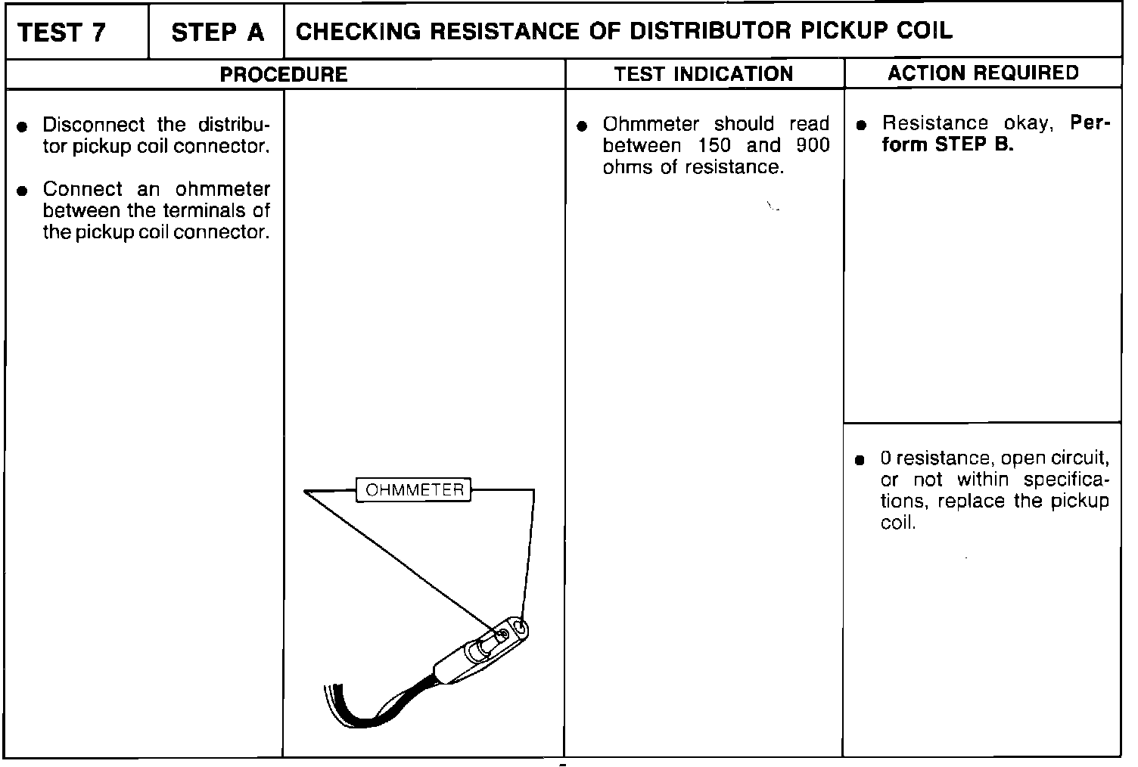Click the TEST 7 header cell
coord(62,33)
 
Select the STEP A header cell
coord(218,33)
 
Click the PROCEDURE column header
coord(284,74)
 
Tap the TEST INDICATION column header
coord(704,73)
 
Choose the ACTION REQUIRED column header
coord(983,73)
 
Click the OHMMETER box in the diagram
coord(414,490)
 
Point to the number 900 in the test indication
coord(813,145)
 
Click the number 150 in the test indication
coord(714,145)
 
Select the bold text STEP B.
coord(974,145)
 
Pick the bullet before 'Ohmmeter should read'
coord(582,126)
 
